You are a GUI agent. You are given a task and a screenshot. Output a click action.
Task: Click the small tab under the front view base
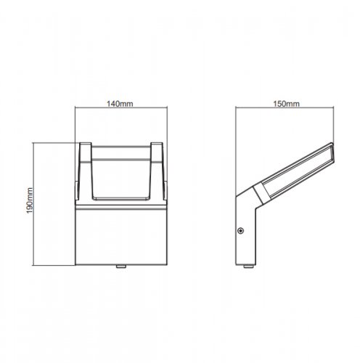pyautogui.click(x=120, y=266)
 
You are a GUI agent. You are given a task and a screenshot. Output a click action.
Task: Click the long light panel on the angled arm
pyautogui.click(x=294, y=170)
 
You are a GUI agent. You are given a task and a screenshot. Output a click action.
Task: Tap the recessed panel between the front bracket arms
pyautogui.click(x=120, y=174)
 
